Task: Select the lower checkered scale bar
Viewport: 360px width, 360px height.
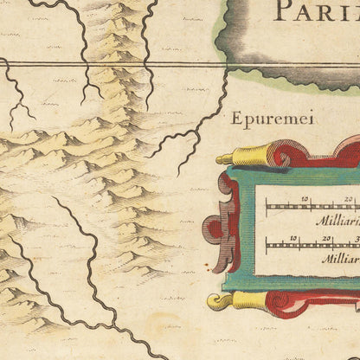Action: coord(312,245)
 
